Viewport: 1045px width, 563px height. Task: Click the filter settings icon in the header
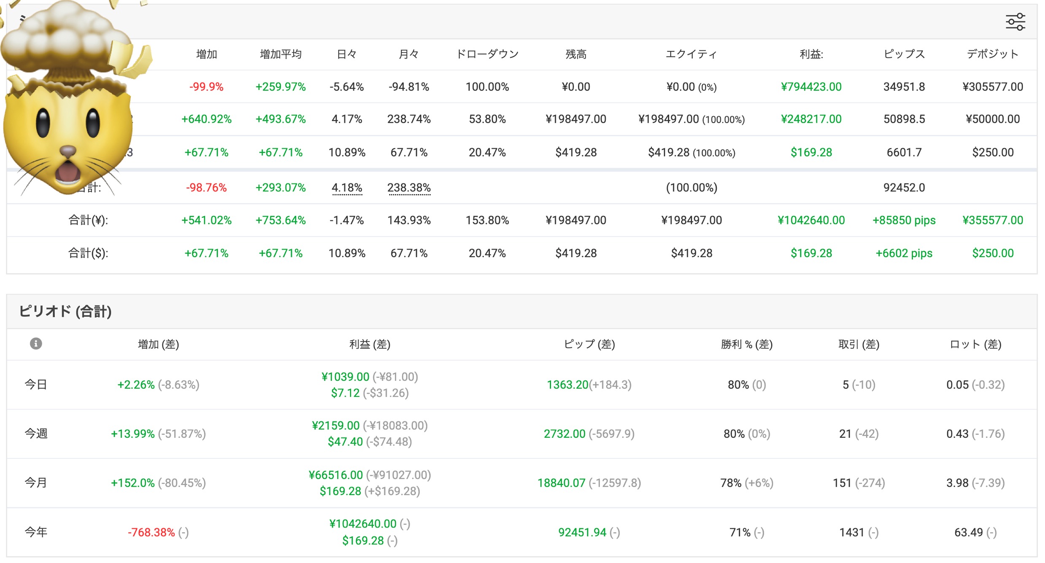[1015, 22]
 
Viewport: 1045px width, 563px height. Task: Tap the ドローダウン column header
[487, 54]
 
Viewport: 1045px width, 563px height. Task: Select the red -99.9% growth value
[206, 86]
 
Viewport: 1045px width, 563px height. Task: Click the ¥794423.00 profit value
[811, 86]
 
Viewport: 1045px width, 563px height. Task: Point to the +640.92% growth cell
[206, 119]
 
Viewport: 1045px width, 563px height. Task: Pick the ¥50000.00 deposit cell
[993, 119]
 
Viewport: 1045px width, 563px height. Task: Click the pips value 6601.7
[904, 152]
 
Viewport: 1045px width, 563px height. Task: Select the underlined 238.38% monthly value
[409, 187]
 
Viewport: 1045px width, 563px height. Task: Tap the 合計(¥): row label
[88, 220]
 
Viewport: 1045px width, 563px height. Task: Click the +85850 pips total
[904, 220]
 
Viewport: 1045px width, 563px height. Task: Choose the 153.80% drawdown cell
[487, 220]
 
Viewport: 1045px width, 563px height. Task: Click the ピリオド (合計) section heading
[65, 311]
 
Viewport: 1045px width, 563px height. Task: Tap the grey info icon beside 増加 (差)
[36, 344]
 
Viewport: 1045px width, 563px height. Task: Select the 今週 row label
[36, 434]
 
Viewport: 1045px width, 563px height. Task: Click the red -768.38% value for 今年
[151, 532]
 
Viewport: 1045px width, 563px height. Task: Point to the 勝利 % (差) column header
[747, 344]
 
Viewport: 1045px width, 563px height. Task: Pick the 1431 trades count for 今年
[852, 532]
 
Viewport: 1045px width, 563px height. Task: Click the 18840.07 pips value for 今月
[561, 483]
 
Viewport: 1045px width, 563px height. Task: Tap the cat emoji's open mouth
[68, 172]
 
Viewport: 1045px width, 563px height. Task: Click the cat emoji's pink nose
[68, 151]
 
